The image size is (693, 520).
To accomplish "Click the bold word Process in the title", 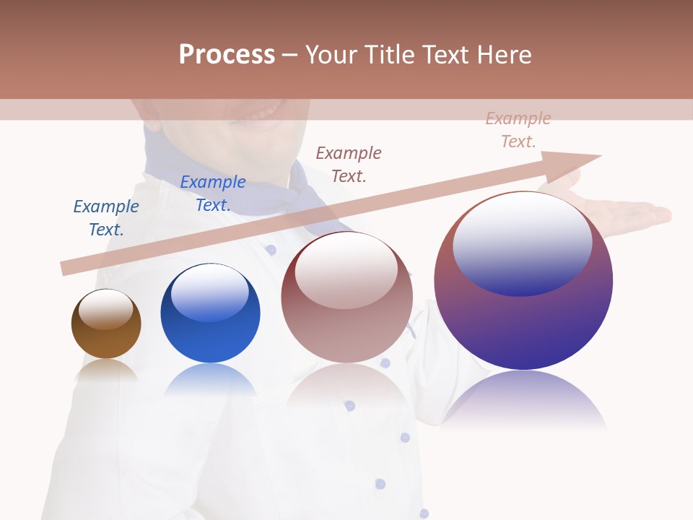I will [227, 55].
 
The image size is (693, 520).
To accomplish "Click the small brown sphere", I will [106, 324].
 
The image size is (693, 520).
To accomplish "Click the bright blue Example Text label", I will [213, 194].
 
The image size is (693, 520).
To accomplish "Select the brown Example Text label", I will [349, 164].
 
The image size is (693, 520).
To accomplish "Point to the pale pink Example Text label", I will [518, 130].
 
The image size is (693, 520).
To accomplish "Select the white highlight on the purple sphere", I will [523, 242].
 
